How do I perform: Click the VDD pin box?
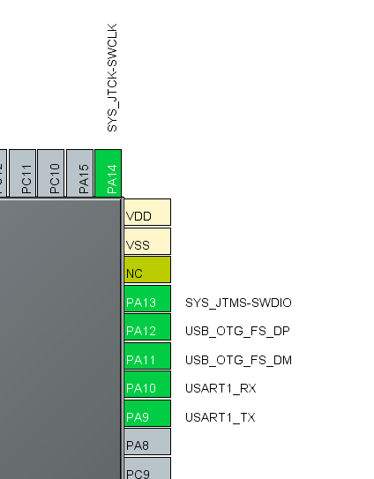coord(146,214)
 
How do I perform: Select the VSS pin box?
coord(146,243)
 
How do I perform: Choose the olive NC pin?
coord(146,271)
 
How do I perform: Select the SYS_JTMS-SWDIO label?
coord(237,303)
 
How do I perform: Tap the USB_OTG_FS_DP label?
coord(236,332)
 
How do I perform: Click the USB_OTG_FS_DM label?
coord(237,360)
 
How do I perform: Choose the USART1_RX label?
coord(221,388)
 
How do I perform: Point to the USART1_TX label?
coord(220,416)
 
